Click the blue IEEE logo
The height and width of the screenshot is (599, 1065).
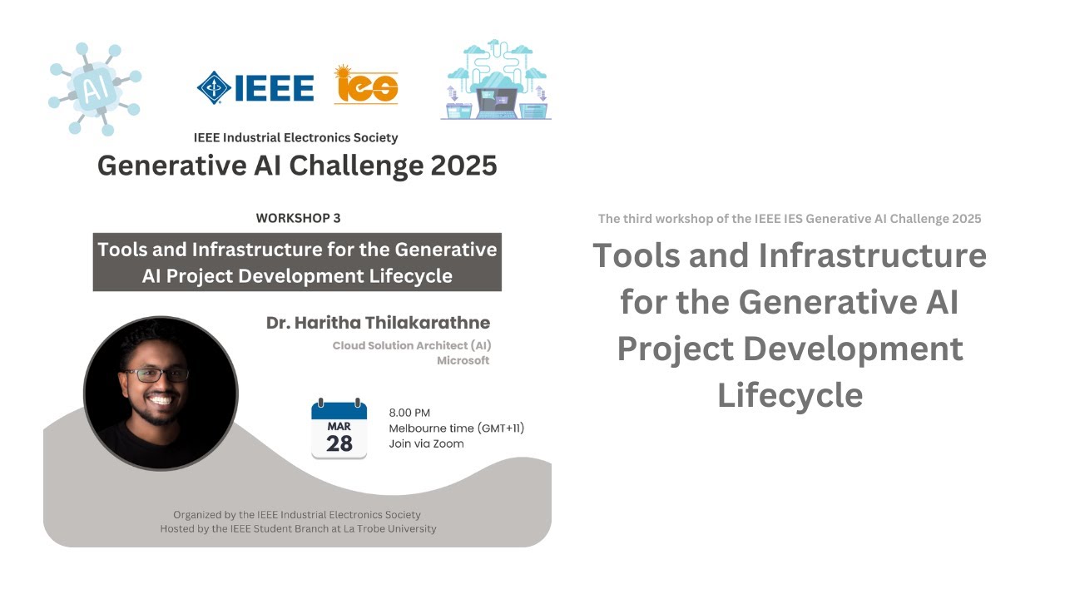click(255, 87)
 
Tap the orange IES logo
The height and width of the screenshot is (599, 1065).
click(366, 85)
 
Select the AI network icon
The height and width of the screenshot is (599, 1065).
click(93, 88)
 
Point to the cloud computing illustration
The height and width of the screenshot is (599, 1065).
click(496, 80)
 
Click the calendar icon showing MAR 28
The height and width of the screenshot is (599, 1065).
click(339, 429)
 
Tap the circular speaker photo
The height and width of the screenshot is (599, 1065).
click(161, 393)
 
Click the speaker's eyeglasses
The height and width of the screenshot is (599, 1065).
click(156, 375)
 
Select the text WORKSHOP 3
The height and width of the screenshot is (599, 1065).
click(298, 218)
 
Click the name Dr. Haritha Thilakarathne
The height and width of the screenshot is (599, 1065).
click(378, 323)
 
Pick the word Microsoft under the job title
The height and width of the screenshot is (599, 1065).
click(463, 360)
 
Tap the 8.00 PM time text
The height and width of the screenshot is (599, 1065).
click(409, 413)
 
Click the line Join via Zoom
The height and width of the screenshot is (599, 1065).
click(426, 443)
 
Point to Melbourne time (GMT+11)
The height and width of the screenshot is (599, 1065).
click(456, 428)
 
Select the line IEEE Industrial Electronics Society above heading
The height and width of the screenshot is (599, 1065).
click(295, 137)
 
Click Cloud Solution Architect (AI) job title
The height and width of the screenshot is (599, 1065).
click(411, 345)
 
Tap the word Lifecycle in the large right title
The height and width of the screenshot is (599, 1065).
click(790, 394)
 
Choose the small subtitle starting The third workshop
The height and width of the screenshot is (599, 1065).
click(789, 219)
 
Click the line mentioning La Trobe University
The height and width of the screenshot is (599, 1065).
click(298, 528)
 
